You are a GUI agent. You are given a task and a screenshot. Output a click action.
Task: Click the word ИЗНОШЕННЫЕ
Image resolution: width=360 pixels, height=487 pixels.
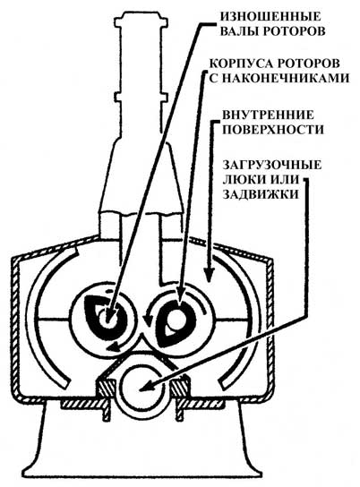[x=270, y=16]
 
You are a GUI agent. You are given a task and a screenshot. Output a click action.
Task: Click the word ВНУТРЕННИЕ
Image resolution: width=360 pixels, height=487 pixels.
[x=268, y=115]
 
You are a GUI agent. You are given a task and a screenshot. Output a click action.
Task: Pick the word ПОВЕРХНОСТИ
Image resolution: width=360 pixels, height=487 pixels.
[x=273, y=130]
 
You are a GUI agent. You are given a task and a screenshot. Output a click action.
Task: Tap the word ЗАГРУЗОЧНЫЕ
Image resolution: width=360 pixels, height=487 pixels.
[x=271, y=165]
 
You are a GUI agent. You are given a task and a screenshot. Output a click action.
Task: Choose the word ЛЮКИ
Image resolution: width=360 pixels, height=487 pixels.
[x=241, y=180]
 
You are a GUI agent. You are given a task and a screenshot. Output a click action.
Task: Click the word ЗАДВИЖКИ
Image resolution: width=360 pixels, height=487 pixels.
[x=261, y=194]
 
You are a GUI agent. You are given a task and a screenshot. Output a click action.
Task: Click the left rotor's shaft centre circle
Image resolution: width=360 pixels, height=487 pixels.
[x=107, y=319]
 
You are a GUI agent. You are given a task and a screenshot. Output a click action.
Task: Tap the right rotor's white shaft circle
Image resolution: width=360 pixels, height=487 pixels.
[x=176, y=317]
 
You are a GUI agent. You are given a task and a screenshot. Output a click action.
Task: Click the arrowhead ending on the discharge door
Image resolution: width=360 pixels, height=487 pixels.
[x=145, y=388]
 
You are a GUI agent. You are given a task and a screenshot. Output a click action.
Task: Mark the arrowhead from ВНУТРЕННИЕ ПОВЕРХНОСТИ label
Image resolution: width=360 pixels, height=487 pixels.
[x=210, y=275]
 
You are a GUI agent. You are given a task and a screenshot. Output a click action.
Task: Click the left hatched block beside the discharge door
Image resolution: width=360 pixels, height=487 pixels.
[x=107, y=388]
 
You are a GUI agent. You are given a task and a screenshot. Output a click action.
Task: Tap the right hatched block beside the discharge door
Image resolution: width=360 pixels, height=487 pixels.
[x=179, y=388]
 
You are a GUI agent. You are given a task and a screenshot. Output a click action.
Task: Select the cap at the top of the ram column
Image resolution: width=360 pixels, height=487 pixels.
[x=141, y=21]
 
